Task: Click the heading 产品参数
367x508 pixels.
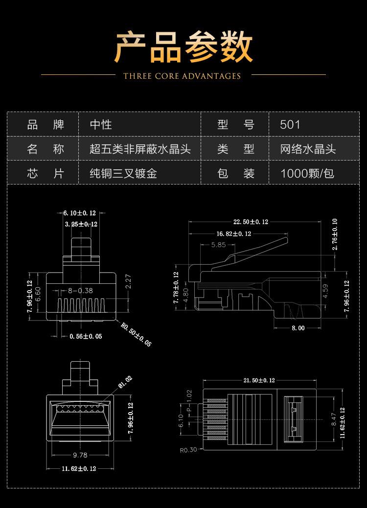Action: click(183, 48)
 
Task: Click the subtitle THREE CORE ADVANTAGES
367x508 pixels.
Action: click(182, 76)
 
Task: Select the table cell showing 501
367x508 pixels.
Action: click(290, 124)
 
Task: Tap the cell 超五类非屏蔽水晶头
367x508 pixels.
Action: click(140, 149)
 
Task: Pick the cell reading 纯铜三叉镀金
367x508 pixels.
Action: click(123, 173)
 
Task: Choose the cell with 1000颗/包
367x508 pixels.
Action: click(307, 173)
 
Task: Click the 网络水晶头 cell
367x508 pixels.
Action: click(308, 149)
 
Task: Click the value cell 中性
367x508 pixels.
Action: click(101, 124)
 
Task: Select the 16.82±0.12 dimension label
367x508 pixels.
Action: click(233, 234)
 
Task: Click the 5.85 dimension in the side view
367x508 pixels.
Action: click(219, 245)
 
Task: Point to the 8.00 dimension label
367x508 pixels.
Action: click(298, 328)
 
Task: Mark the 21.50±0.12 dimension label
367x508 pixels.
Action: click(259, 380)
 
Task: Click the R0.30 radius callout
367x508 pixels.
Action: click(188, 450)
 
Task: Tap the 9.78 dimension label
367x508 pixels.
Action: click(80, 455)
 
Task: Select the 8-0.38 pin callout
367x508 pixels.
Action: click(80, 290)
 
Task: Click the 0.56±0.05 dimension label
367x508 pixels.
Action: click(86, 336)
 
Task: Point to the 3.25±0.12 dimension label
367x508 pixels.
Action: click(81, 224)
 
